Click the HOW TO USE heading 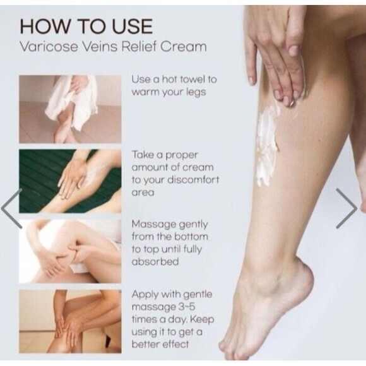click(x=86, y=27)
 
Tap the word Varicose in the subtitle click(x=49, y=46)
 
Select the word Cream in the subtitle click(x=183, y=46)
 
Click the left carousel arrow click(x=11, y=208)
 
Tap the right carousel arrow click(x=346, y=208)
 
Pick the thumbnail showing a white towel click(x=70, y=109)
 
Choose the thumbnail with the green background click(x=70, y=181)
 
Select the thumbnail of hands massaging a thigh click(x=70, y=251)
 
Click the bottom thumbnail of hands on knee click(x=70, y=321)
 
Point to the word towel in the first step click(x=191, y=80)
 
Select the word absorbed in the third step click(x=155, y=261)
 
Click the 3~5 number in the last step click(x=187, y=307)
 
